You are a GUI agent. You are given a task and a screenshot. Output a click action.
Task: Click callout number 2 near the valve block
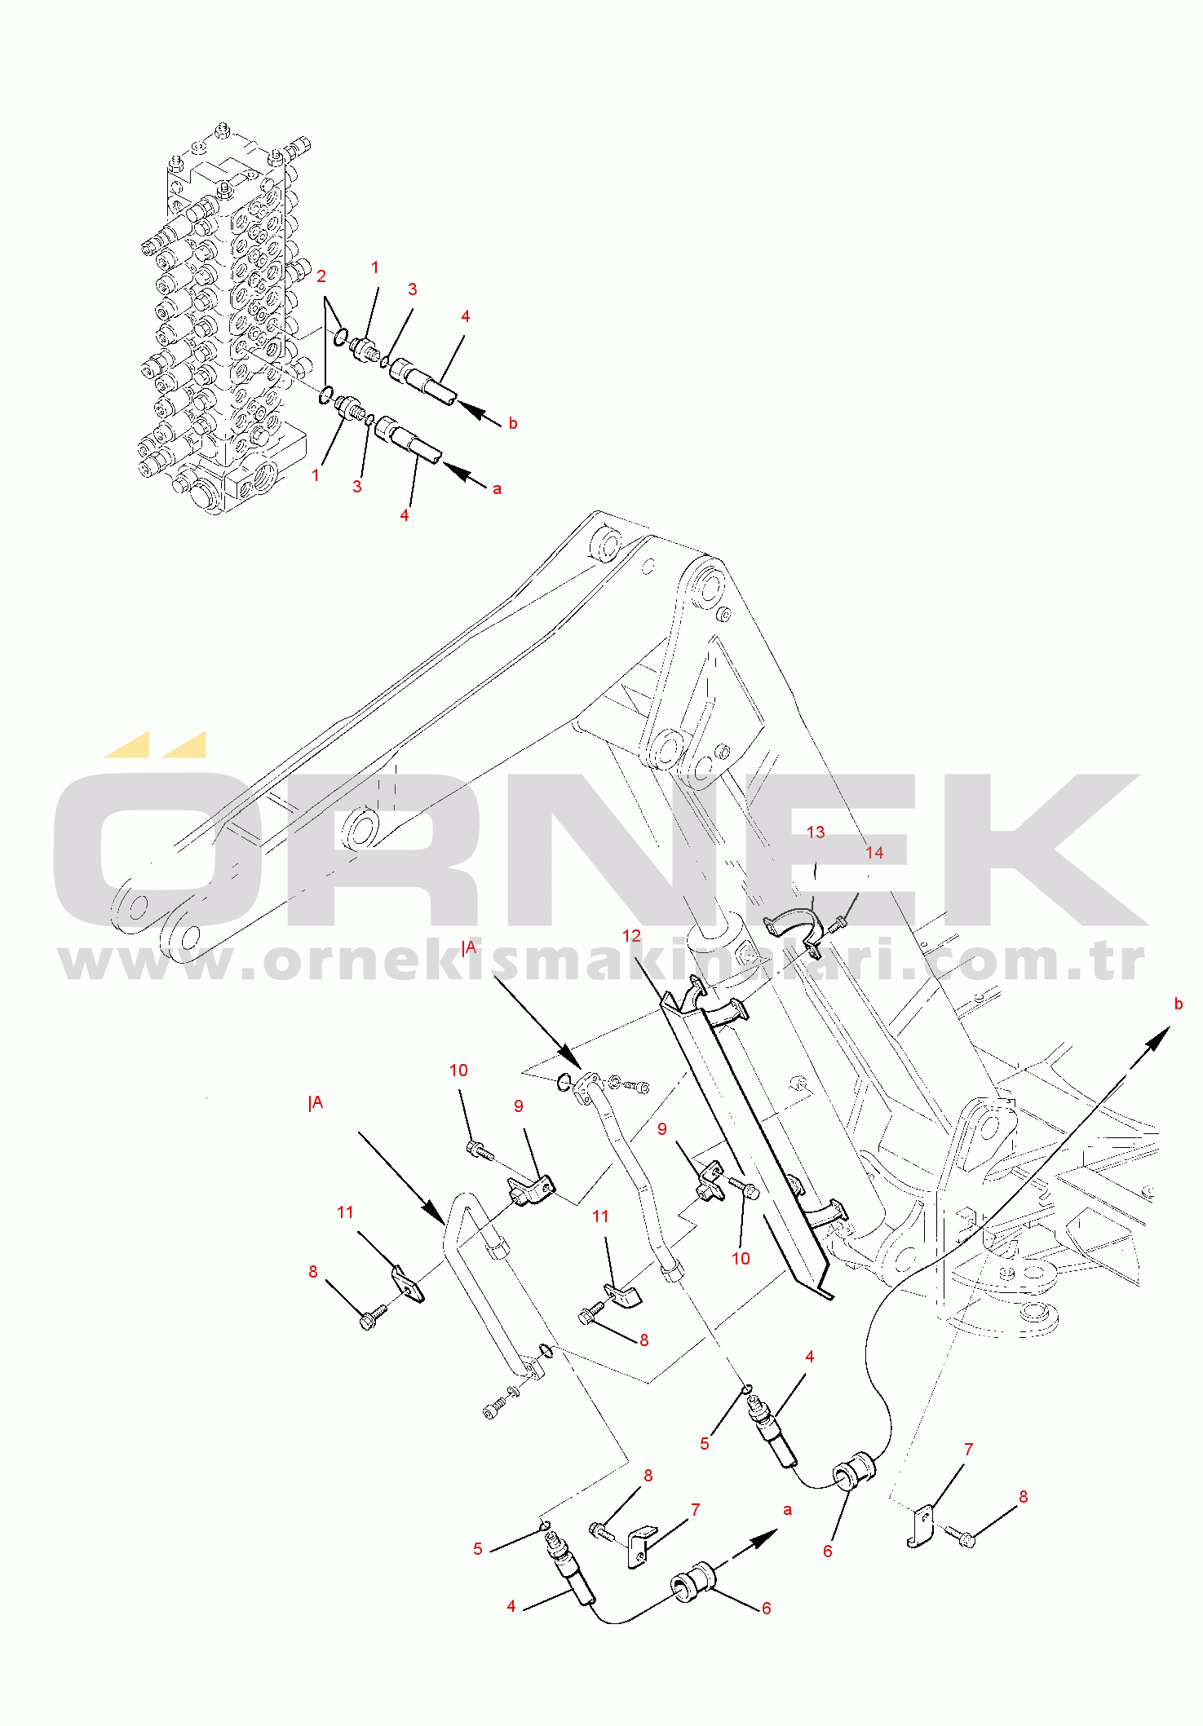click(x=321, y=276)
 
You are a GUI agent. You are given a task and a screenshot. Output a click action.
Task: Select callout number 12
click(x=631, y=936)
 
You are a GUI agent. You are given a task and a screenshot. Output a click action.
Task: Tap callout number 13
click(x=816, y=832)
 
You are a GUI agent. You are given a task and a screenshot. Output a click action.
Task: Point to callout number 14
click(x=874, y=852)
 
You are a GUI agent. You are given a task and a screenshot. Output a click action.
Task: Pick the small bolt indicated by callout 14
click(x=837, y=925)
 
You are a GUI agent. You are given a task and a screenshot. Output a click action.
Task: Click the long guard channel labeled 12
click(x=746, y=1141)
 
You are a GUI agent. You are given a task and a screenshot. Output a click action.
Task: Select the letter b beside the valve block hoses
click(x=513, y=423)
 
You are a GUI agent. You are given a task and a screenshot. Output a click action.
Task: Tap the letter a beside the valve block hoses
click(x=497, y=489)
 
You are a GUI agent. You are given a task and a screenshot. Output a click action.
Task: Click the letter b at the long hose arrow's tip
click(x=1178, y=1004)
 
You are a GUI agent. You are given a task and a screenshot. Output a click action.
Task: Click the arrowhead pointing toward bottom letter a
click(x=763, y=1538)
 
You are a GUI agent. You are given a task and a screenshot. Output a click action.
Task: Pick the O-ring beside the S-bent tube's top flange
click(x=564, y=1083)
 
